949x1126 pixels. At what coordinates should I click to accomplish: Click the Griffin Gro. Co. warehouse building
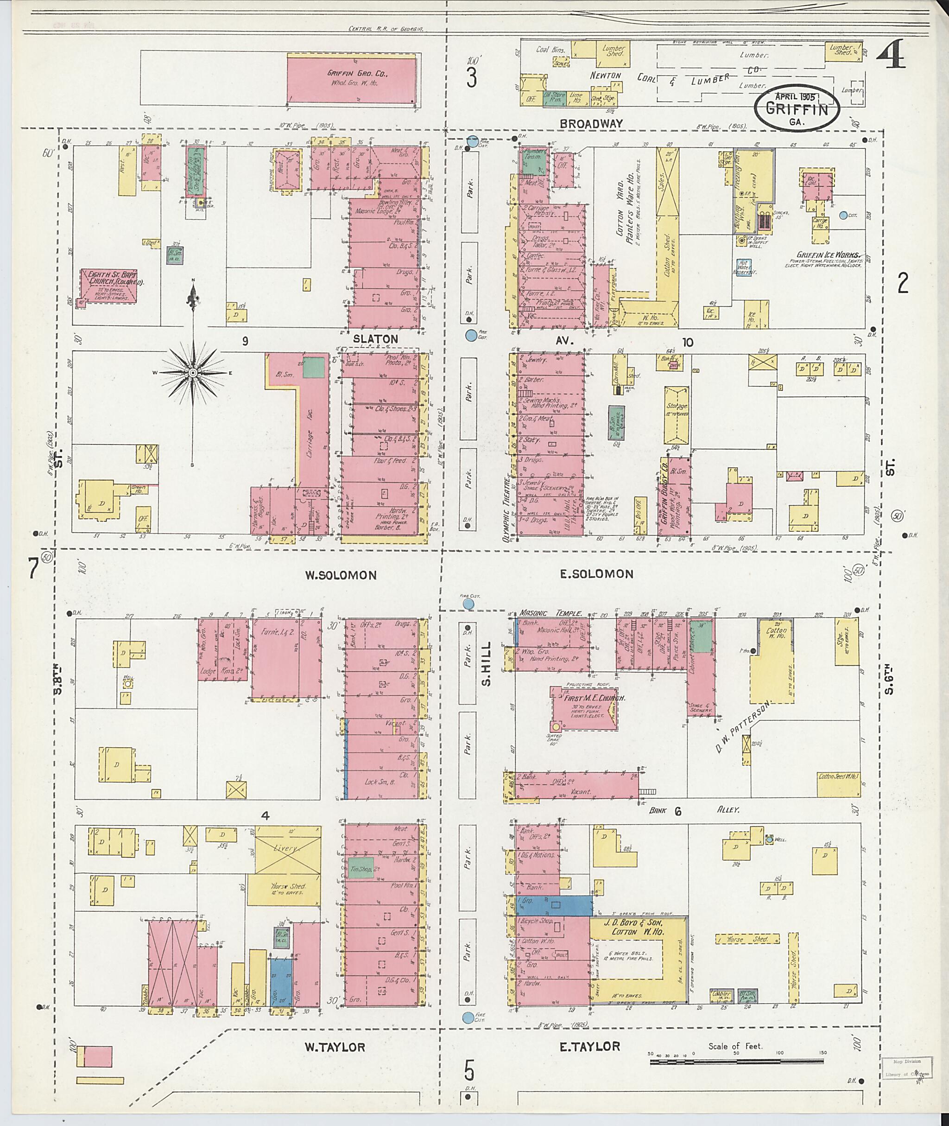pos(351,78)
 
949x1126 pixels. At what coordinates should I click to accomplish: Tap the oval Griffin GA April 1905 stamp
pos(797,108)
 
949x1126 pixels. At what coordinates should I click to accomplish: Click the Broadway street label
pos(591,123)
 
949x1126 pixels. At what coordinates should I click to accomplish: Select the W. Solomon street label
pos(341,575)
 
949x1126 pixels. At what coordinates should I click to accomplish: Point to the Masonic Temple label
pos(550,612)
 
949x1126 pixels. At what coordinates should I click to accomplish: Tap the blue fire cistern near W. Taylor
pos(468,1017)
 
